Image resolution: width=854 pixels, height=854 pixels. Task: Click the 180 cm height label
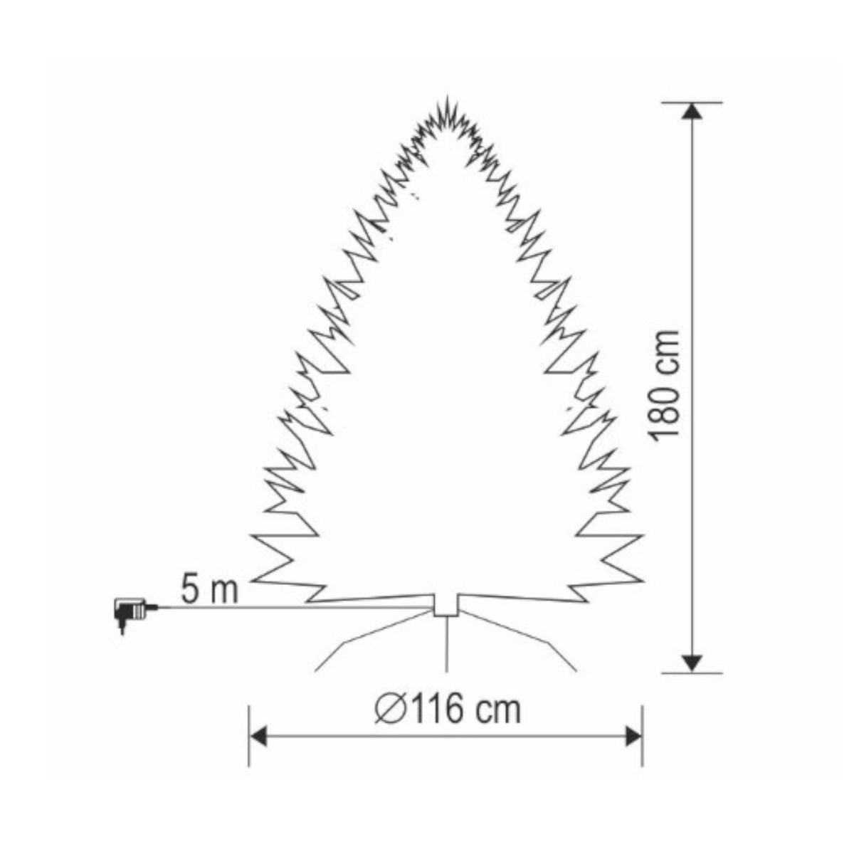(663, 386)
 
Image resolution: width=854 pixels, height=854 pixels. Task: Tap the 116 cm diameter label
(448, 710)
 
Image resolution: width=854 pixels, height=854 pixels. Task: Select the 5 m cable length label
(210, 589)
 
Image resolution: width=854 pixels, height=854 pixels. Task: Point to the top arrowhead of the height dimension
(692, 111)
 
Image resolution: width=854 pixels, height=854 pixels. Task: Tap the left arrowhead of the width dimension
(259, 737)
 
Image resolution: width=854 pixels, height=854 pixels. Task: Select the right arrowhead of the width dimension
(633, 737)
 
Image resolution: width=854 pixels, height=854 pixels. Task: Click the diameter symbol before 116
(389, 710)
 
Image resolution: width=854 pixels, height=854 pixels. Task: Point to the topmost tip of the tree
(446, 96)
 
